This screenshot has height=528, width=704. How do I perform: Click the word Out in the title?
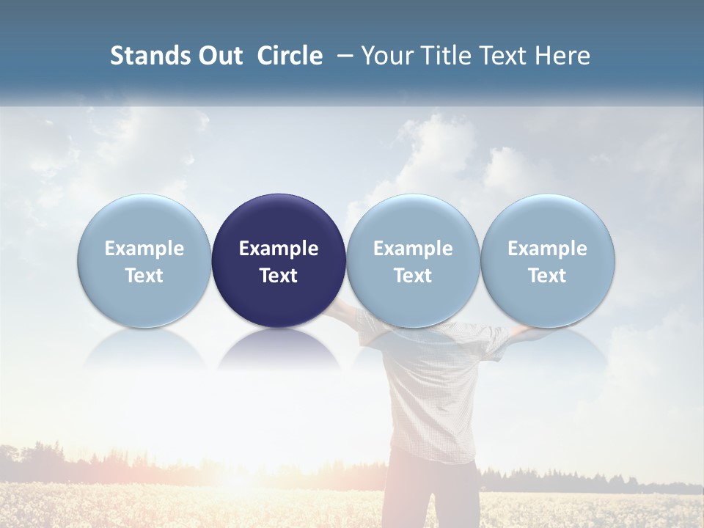tap(219, 56)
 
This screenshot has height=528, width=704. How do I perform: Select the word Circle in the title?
tap(290, 56)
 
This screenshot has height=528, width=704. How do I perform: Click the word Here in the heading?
tap(563, 56)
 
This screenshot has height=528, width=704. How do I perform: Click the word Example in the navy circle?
tap(279, 249)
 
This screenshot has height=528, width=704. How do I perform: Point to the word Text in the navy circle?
tap(279, 276)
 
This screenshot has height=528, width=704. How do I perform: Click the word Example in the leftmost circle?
tap(144, 249)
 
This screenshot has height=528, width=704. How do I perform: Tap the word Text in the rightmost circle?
tap(548, 276)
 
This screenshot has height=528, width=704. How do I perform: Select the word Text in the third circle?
tap(413, 276)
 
